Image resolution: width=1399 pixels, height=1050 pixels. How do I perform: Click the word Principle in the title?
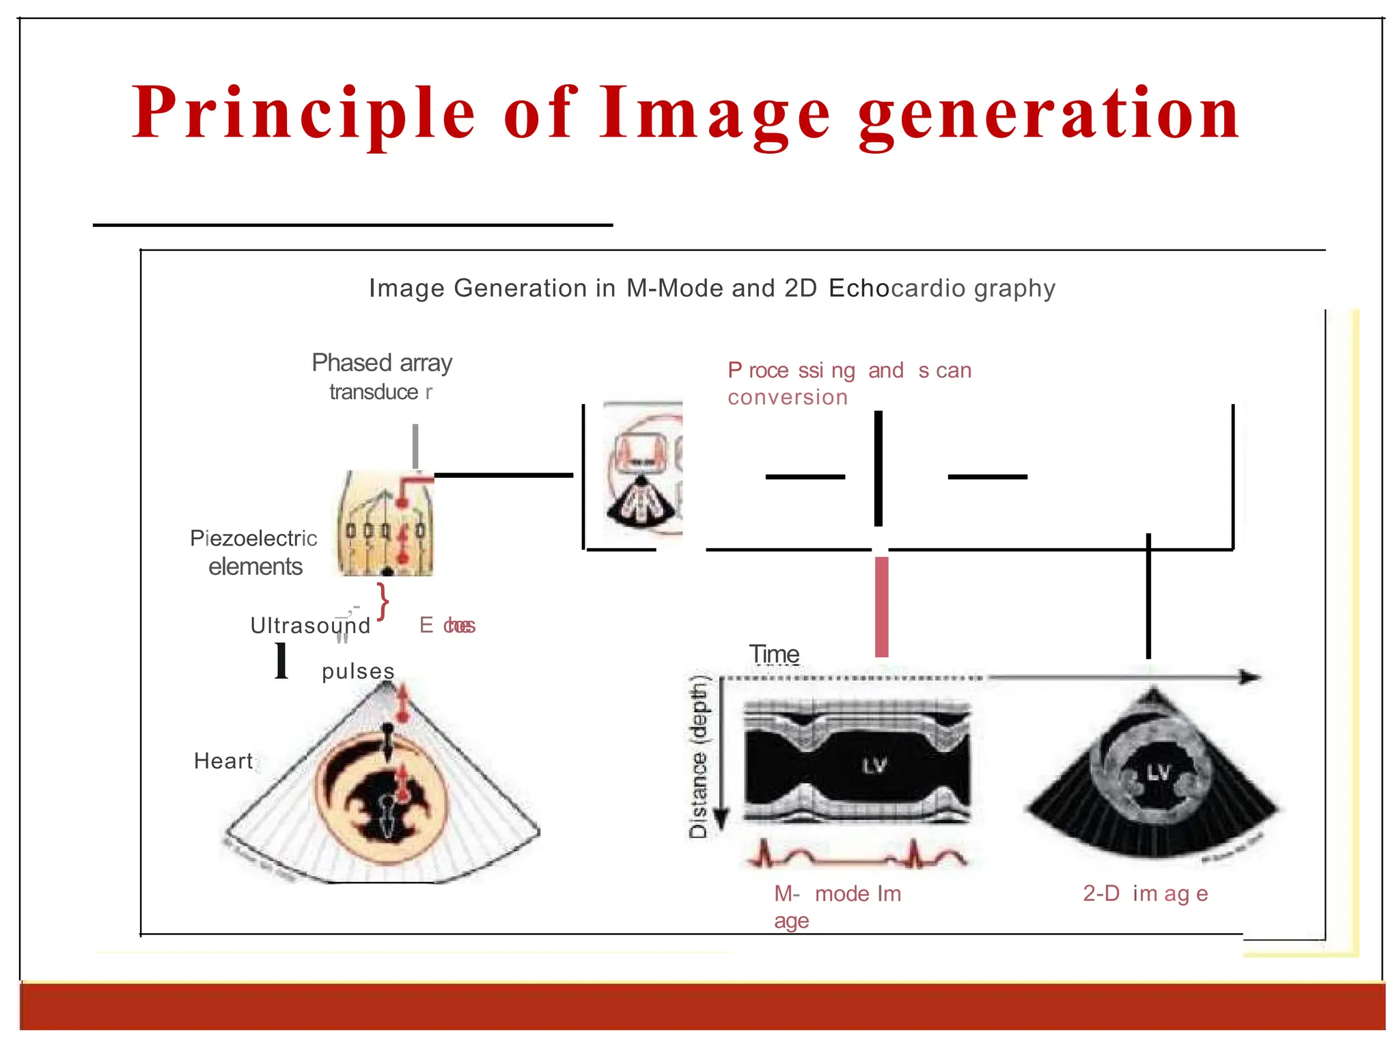pyautogui.click(x=303, y=113)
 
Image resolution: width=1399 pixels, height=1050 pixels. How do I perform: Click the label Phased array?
pyautogui.click(x=382, y=363)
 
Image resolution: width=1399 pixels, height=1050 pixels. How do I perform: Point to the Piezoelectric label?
pyautogui.click(x=253, y=539)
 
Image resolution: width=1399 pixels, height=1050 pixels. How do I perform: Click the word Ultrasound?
pyautogui.click(x=310, y=625)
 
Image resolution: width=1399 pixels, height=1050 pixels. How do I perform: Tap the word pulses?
pyautogui.click(x=358, y=671)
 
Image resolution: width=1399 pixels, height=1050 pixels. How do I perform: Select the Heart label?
pyautogui.click(x=223, y=761)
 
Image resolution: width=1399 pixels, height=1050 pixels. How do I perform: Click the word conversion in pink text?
pyautogui.click(x=787, y=397)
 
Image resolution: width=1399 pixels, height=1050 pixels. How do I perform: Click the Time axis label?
pyautogui.click(x=774, y=654)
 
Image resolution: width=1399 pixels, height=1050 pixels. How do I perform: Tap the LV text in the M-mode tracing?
pyautogui.click(x=874, y=766)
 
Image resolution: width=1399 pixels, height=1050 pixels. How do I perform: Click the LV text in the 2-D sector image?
pyautogui.click(x=1159, y=773)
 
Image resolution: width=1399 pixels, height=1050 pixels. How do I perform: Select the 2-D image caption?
pyautogui.click(x=1145, y=893)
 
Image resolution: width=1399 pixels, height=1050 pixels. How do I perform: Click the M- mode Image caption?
pyautogui.click(x=837, y=894)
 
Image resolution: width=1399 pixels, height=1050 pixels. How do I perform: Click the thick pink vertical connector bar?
pyautogui.click(x=882, y=606)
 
